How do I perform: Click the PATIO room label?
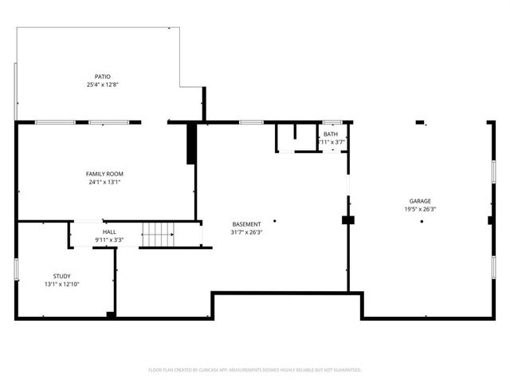pos(103,77)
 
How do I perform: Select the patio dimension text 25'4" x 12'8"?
pos(103,85)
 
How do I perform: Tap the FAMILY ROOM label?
pos(104,173)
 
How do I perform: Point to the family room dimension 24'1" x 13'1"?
pos(104,182)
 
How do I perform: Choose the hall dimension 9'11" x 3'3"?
pos(109,239)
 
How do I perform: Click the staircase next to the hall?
pos(158,235)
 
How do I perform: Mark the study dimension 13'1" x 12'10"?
pos(61,284)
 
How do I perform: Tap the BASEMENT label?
pos(246,224)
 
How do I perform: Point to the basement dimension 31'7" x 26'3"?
pos(246,233)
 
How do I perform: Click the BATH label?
pos(330,134)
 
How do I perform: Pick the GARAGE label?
pos(421,200)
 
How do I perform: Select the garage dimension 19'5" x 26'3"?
pos(421,209)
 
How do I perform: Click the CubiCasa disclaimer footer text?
pos(255,369)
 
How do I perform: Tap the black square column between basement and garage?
pos(347,219)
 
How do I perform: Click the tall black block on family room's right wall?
pos(191,144)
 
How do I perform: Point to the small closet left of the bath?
pos(284,137)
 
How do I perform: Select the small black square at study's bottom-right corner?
pos(111,315)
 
